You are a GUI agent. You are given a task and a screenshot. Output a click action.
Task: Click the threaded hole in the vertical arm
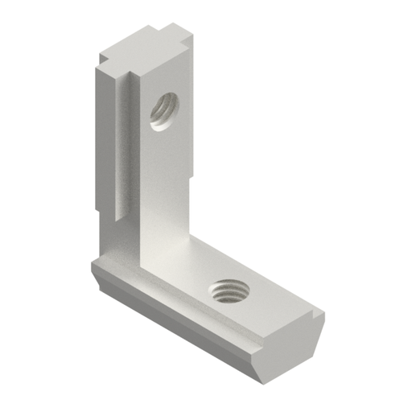[164, 110]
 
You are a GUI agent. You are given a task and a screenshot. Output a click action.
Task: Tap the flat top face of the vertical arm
[145, 50]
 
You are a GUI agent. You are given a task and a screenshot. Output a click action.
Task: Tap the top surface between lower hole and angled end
[278, 310]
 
